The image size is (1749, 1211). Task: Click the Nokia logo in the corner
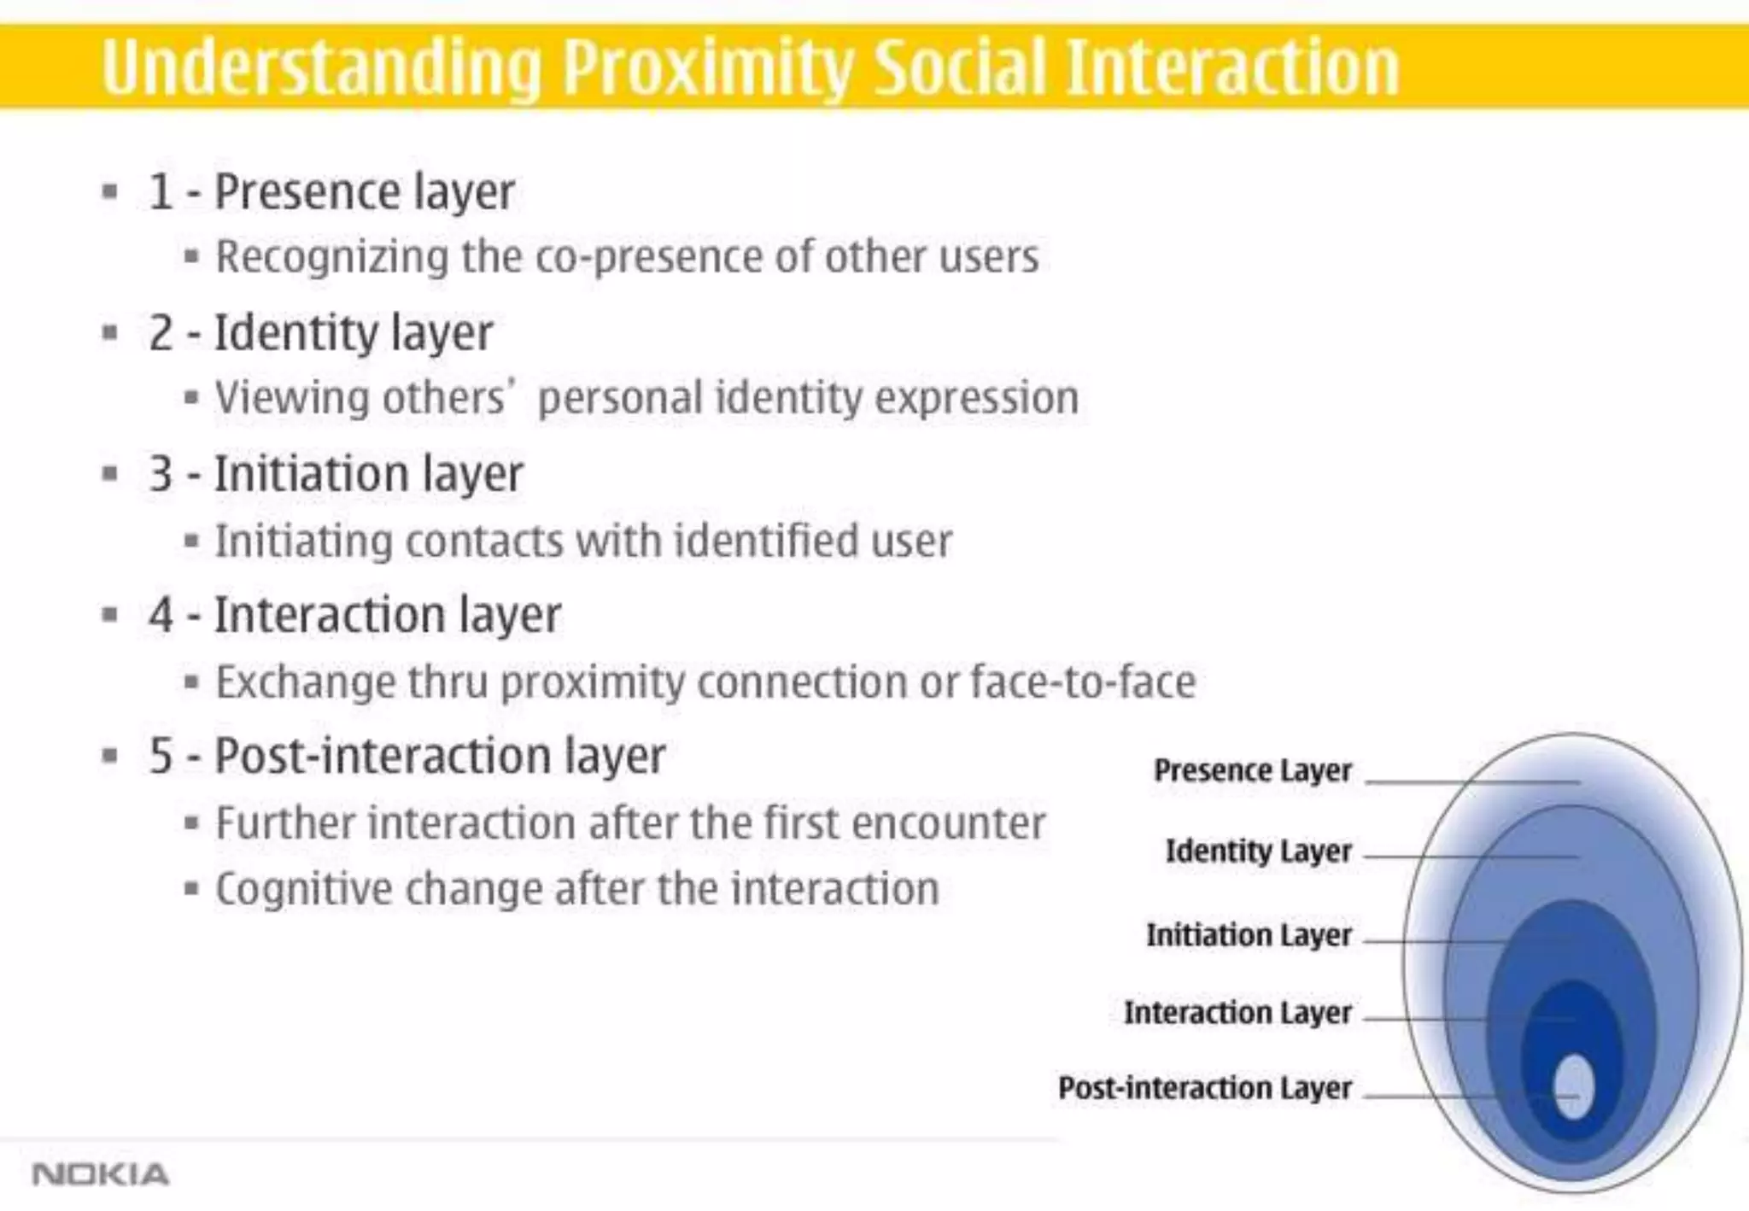coord(100,1174)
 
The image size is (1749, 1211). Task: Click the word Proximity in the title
coord(708,68)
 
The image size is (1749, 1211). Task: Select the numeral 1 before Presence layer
coord(161,191)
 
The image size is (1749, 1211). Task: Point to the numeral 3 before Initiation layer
coord(161,474)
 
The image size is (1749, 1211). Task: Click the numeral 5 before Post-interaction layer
coord(161,756)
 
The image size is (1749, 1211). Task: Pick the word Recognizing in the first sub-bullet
coord(331,257)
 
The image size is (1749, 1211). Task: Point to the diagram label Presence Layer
coord(1252,770)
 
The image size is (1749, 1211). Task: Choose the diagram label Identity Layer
coord(1258,851)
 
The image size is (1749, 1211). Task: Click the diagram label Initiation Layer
coord(1249,935)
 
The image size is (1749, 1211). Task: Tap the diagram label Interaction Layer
coord(1237,1013)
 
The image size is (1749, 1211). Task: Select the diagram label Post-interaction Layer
coord(1204,1088)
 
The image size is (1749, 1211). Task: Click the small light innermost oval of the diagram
coord(1573,1086)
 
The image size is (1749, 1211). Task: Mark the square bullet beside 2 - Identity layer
coord(109,332)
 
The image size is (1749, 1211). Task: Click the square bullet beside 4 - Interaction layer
coord(109,615)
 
